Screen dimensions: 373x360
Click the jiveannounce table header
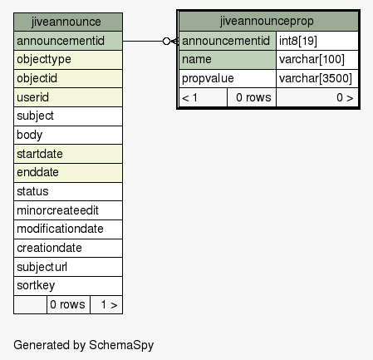(68, 22)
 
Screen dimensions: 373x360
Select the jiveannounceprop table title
(267, 21)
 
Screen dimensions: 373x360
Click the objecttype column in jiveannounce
(68, 60)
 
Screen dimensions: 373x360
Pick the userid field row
(68, 97)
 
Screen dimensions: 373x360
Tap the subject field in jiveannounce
(68, 116)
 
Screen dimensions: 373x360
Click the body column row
(68, 135)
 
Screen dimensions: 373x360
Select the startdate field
(68, 154)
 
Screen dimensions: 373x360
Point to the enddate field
(68, 173)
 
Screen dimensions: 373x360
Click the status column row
(68, 191)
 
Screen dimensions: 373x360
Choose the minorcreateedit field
(68, 210)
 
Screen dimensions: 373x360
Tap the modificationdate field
(68, 229)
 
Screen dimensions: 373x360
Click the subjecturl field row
(68, 267)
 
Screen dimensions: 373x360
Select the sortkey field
(68, 286)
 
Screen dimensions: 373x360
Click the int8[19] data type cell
(317, 41)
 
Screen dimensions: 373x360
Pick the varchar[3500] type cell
(317, 78)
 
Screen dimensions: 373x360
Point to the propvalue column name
(208, 78)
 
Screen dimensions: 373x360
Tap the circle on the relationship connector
(166, 42)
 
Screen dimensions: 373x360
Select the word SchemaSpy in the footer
(121, 345)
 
